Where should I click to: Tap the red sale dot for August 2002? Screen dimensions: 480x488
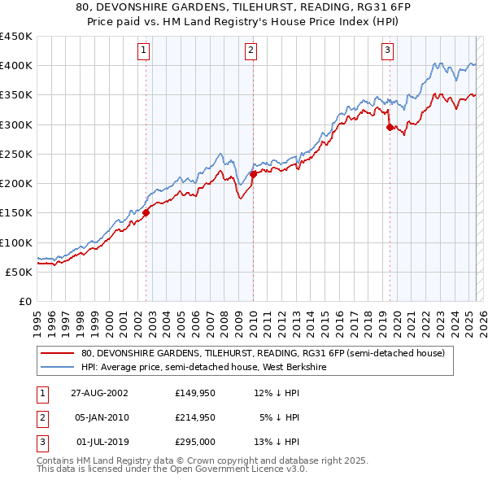pyautogui.click(x=146, y=213)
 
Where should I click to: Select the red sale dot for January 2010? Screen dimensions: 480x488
pyautogui.click(x=253, y=173)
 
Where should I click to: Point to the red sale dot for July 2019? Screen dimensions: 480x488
pyautogui.click(x=390, y=127)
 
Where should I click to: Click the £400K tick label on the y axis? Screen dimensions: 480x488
pyautogui.click(x=16, y=66)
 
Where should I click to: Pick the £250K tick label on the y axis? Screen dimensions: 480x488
pyautogui.click(x=16, y=154)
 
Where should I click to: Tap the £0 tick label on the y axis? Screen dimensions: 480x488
pyautogui.click(x=24, y=301)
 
